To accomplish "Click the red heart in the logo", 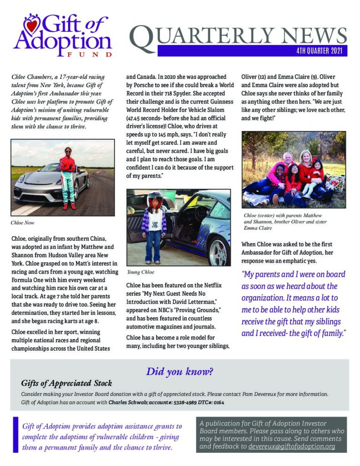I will pyautogui.click(x=31, y=25).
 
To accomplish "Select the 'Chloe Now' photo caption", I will pyautogui.click(x=23, y=223).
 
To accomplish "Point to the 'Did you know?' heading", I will pyautogui.click(x=179, y=371).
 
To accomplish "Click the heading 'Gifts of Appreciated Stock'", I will pyautogui.click(x=66, y=383).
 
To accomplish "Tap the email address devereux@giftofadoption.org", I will pyautogui.click(x=292, y=446).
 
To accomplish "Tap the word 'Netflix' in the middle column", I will pyautogui.click(x=210, y=285).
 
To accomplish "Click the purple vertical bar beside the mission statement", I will pyautogui.click(x=16, y=435).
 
